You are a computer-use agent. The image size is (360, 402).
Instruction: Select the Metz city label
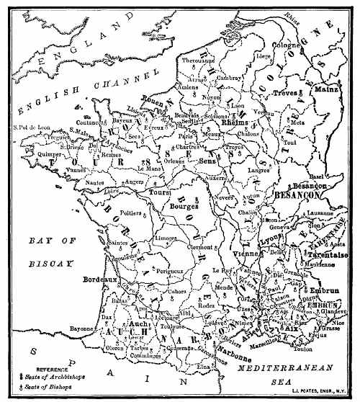point(297,122)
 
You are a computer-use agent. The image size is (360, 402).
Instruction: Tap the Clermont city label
point(199,246)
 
